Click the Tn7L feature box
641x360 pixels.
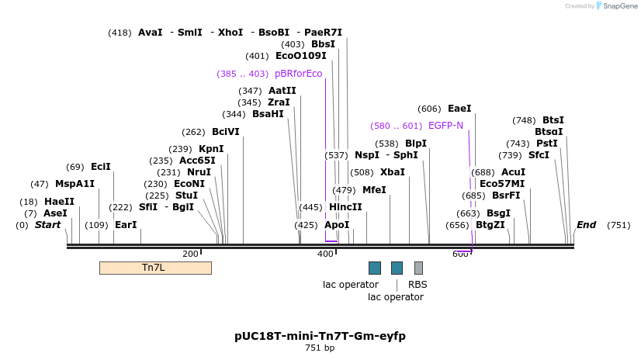click(155, 268)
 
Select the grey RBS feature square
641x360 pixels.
click(418, 268)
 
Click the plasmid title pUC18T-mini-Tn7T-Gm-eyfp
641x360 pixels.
click(320, 336)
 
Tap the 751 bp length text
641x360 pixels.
click(320, 348)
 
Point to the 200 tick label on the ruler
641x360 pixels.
click(190, 254)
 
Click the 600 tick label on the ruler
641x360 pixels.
click(461, 254)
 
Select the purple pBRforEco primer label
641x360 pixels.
click(298, 74)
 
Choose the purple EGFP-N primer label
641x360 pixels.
click(445, 126)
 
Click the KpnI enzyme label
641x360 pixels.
click(211, 149)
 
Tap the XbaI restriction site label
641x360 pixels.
click(393, 172)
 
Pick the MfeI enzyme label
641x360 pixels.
click(374, 190)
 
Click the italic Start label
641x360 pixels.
click(47, 225)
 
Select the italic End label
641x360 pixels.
click(586, 225)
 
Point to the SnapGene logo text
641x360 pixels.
click(619, 6)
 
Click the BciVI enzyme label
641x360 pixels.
click(226, 132)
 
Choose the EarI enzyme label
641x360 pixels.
click(126, 225)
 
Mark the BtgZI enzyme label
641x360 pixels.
click(490, 225)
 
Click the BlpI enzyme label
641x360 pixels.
click(416, 144)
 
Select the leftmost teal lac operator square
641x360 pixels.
click(375, 268)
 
